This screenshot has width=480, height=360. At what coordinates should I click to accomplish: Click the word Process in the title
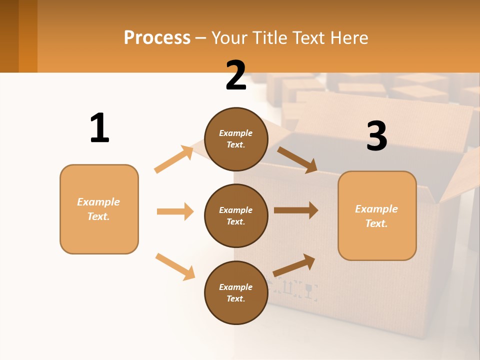[x=157, y=37]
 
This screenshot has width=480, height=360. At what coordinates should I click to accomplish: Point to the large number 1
[x=99, y=128]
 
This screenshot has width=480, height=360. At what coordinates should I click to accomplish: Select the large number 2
[x=236, y=76]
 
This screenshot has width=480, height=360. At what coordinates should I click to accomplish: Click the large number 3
[x=376, y=136]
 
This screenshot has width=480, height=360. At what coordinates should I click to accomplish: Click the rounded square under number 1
[x=99, y=209]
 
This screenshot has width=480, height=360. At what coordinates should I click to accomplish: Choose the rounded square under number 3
[x=377, y=215]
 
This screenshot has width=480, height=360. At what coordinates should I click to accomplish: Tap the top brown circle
[x=236, y=139]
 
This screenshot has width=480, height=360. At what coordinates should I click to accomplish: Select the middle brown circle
[x=236, y=215]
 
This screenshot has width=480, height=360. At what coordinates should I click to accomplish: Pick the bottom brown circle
[x=236, y=292]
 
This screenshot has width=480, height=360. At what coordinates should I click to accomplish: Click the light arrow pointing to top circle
[x=174, y=159]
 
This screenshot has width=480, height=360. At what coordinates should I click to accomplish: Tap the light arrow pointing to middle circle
[x=175, y=211]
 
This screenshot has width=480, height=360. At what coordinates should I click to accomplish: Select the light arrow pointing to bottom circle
[x=175, y=266]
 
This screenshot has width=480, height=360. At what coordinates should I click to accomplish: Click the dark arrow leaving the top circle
[x=297, y=159]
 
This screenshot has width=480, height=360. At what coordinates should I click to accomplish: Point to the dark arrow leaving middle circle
[x=296, y=210]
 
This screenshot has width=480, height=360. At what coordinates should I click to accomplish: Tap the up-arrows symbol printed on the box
[x=287, y=287]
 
